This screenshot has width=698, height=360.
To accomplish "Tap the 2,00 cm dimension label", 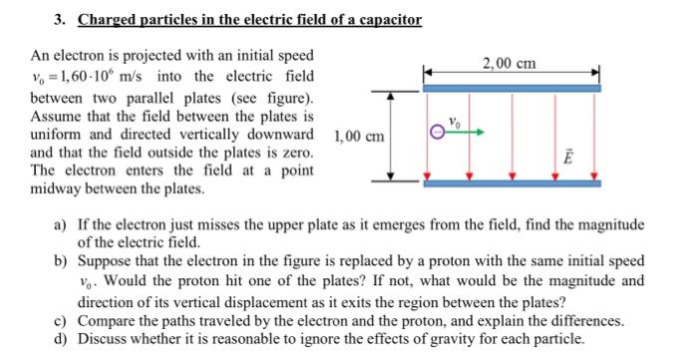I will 508,63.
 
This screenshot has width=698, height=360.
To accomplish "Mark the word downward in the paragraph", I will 278,135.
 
